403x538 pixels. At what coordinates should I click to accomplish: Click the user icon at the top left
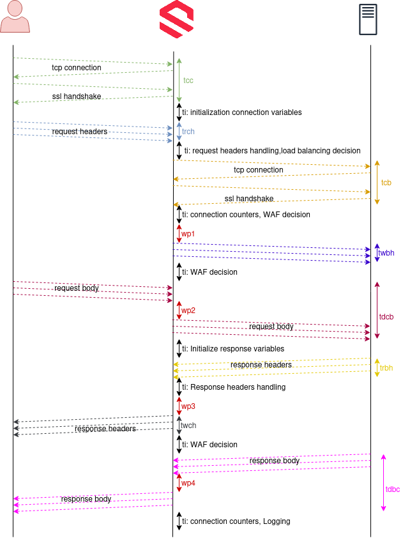click(15, 17)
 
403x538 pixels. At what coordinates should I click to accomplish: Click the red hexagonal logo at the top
click(177, 19)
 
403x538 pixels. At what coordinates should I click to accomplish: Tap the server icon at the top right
click(368, 19)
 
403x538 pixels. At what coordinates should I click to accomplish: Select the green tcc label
click(188, 81)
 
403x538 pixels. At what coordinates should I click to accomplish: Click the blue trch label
click(188, 132)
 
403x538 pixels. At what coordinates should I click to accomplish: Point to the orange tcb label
click(386, 183)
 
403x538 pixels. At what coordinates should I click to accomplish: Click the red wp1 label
click(188, 234)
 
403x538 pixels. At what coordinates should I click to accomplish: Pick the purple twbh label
click(386, 253)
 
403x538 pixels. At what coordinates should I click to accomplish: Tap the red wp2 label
click(188, 311)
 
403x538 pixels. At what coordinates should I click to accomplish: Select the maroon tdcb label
click(386, 317)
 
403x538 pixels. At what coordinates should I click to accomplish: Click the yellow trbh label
click(386, 368)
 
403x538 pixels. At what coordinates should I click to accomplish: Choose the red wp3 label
click(188, 406)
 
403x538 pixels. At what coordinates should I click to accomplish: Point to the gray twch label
click(188, 426)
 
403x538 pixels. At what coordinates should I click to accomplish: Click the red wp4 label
click(188, 483)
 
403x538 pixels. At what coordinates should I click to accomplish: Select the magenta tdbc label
click(393, 489)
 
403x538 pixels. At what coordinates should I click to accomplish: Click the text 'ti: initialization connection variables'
click(242, 112)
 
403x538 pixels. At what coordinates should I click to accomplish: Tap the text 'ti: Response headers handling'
click(234, 387)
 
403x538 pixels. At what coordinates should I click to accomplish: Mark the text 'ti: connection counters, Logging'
click(236, 521)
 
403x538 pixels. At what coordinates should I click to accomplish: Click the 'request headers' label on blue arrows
click(80, 132)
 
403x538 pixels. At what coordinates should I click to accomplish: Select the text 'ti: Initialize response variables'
click(233, 349)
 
